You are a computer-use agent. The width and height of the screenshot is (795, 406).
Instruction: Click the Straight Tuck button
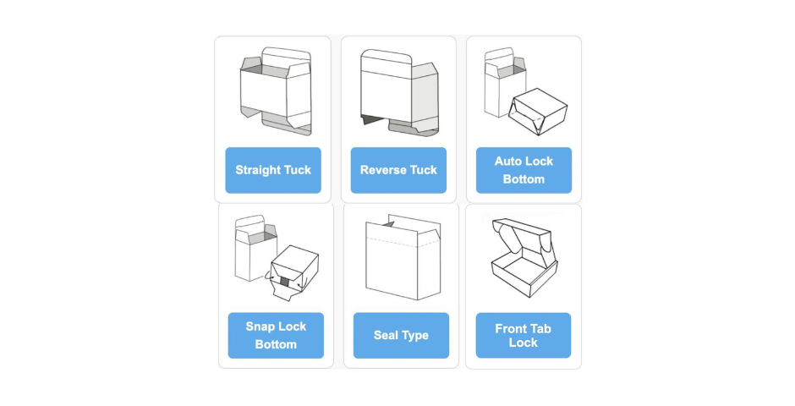(273, 170)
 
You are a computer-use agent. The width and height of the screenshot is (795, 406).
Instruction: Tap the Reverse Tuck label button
(398, 170)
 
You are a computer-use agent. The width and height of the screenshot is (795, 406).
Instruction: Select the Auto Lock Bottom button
(524, 170)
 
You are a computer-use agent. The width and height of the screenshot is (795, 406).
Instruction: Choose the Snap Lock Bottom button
(276, 335)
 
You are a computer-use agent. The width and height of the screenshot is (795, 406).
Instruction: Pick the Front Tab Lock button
(523, 335)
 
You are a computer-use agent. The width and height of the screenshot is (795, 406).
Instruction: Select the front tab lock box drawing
(523, 259)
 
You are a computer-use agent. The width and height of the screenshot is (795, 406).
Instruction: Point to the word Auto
(509, 161)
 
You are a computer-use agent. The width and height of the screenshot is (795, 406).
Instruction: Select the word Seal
(387, 336)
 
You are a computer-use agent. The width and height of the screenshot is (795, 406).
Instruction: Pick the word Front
(510, 328)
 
